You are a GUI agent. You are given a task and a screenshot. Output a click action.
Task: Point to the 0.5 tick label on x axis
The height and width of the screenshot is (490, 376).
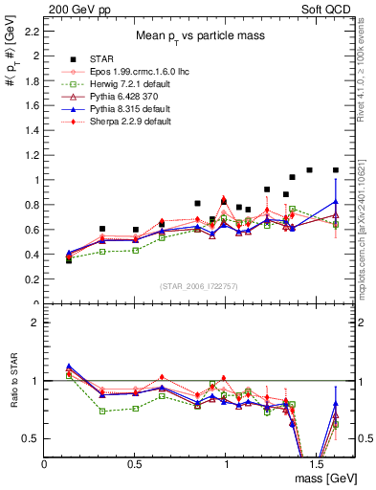coord(135,463)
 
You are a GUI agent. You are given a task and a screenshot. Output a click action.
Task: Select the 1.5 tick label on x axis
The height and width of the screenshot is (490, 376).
coord(316,463)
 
